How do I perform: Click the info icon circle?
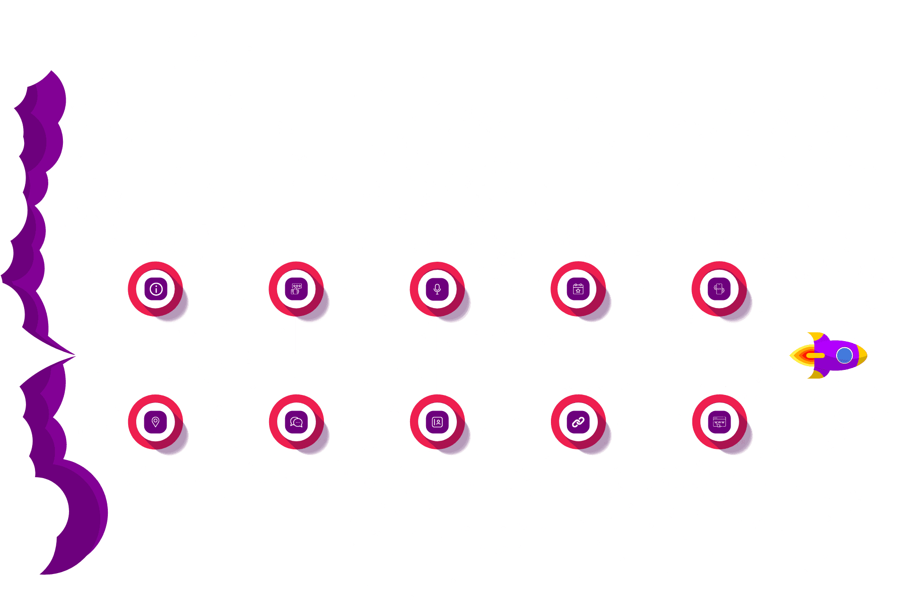coord(156,289)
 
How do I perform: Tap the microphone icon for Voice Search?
coord(437,289)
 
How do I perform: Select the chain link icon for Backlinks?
coord(578,422)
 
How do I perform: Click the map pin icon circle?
coord(156,422)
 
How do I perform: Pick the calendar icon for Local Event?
coord(578,289)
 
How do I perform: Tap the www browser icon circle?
coord(719,422)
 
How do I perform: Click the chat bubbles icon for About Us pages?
coord(297,422)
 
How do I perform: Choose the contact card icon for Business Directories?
coord(437,422)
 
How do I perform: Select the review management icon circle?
coord(297,289)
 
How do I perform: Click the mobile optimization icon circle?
coord(719,289)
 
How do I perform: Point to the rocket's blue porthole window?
coord(844,355)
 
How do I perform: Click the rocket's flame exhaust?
coord(804,355)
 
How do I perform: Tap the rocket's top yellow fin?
coord(815,336)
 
